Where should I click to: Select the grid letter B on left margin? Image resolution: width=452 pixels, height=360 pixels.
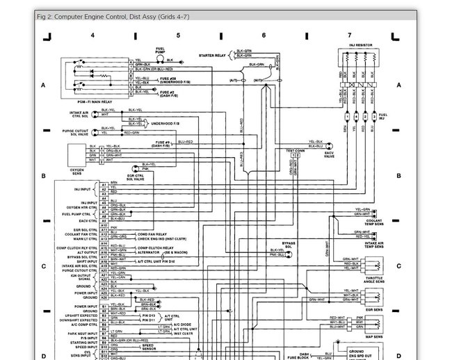point(43,176)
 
